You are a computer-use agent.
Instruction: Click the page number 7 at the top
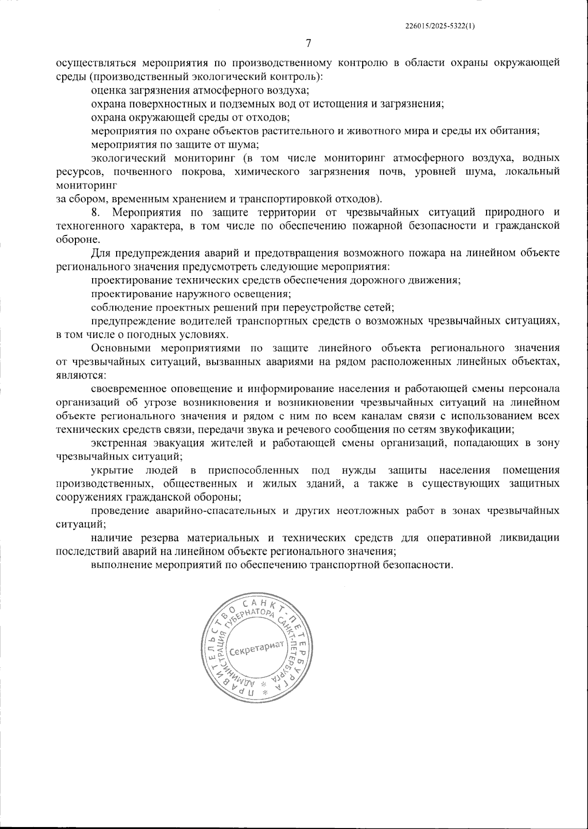tap(308, 44)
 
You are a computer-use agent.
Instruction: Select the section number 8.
tap(96, 212)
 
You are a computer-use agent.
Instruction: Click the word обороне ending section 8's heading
tap(72, 240)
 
